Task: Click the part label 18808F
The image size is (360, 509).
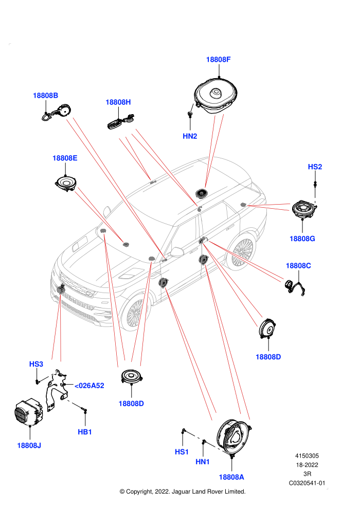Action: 218,60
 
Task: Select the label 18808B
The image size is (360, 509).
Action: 45,96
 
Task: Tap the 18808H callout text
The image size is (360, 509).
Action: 118,102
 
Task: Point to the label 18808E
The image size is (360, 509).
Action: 65,158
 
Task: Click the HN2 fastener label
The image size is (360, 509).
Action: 190,136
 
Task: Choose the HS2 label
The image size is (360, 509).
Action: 315,167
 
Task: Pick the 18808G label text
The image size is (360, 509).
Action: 302,239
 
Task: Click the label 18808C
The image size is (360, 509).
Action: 298,266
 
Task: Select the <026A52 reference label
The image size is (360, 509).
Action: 89,386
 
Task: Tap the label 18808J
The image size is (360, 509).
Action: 29,446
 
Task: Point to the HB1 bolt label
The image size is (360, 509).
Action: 85,432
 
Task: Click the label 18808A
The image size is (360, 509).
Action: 231,477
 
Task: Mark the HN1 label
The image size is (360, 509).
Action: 203,462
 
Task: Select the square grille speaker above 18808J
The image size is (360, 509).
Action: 29,412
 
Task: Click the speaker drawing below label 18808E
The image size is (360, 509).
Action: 66,184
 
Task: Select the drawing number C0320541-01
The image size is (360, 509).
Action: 307,483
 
